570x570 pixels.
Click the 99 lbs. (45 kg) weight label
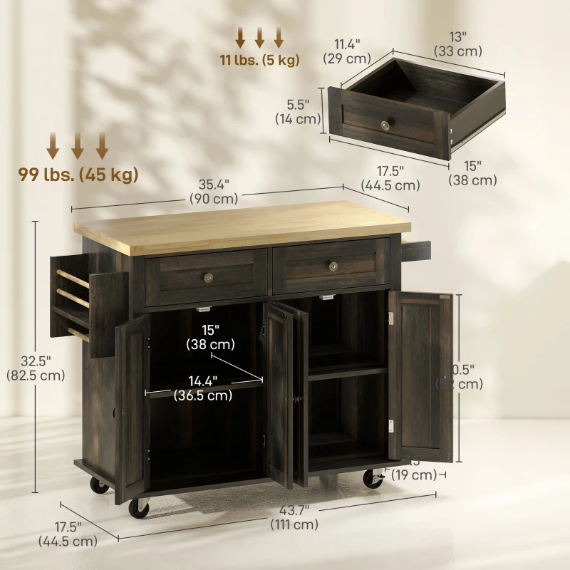coord(78,174)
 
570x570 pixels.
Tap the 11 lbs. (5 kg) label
coord(259,60)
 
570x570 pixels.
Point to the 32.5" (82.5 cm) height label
coord(35,367)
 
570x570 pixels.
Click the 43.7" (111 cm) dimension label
coord(294,517)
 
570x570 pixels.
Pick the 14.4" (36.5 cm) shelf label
coord(202,388)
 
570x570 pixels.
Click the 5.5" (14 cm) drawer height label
coord(298,112)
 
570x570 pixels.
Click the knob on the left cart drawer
coord(209,276)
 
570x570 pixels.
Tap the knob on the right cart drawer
coord(333,266)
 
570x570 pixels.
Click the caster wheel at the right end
coord(373,478)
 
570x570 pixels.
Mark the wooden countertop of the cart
coord(242,227)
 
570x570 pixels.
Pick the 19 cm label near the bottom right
coord(414,475)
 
